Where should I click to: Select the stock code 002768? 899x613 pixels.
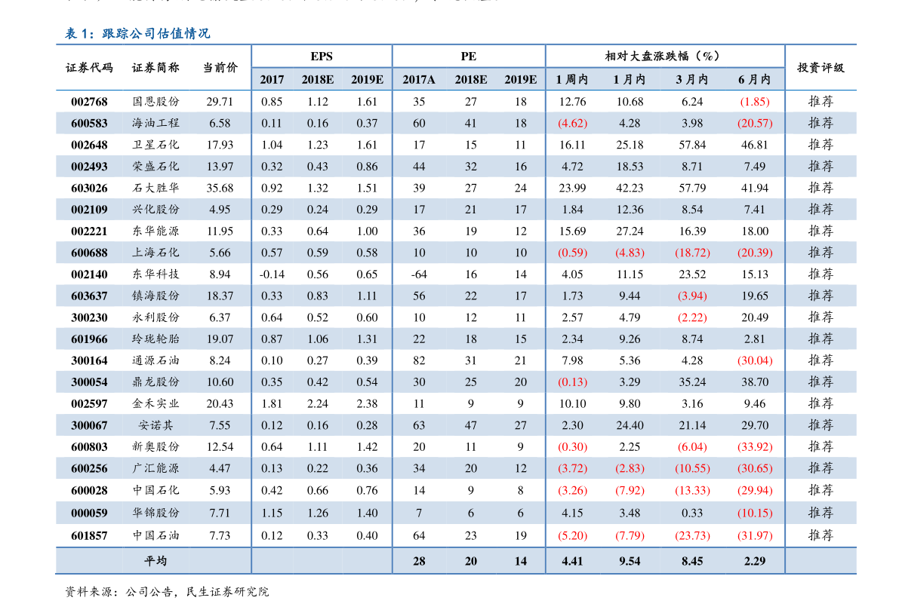tap(89, 102)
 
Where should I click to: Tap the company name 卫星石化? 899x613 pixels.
tap(155, 145)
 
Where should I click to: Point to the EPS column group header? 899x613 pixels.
tap(321, 57)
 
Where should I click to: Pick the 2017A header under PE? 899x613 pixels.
tap(419, 79)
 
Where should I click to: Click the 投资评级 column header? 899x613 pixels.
tap(820, 67)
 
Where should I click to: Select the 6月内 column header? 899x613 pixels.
tap(754, 79)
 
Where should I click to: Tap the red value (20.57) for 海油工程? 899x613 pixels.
tap(754, 123)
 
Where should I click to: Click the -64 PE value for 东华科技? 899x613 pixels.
tap(419, 274)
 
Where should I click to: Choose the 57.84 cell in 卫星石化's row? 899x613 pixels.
tap(692, 145)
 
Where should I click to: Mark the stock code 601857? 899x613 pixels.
tap(89, 535)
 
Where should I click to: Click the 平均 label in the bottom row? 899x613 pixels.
tap(155, 560)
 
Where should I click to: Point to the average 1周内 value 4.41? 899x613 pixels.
tap(572, 560)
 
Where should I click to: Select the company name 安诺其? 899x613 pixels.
tap(155, 425)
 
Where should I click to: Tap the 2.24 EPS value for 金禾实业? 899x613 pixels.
tap(318, 403)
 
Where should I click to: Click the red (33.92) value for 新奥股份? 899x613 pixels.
tap(754, 446)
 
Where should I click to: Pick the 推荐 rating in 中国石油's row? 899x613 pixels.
tap(820, 535)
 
